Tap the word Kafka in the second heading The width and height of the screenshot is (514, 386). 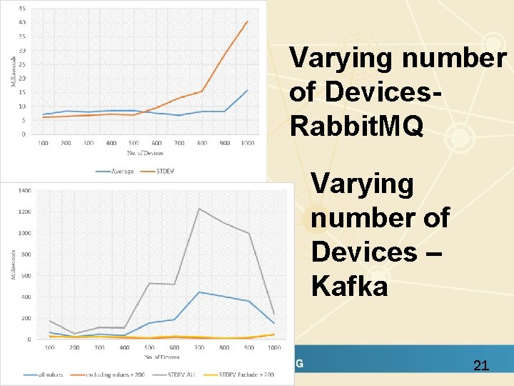coord(349,286)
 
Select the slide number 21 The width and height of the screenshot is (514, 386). coord(481,366)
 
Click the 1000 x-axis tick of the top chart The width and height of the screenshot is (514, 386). coord(247,143)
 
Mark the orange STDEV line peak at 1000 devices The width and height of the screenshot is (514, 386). coord(247,21)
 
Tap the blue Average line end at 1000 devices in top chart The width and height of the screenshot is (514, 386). coord(247,90)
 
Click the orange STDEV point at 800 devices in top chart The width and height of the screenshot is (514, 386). coord(202,91)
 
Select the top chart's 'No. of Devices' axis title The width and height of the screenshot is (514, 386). coord(146,152)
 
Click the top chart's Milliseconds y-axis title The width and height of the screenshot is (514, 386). coord(13,71)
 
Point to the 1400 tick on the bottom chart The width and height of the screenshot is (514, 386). coord(24,191)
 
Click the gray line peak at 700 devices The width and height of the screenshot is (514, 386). coord(198,209)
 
